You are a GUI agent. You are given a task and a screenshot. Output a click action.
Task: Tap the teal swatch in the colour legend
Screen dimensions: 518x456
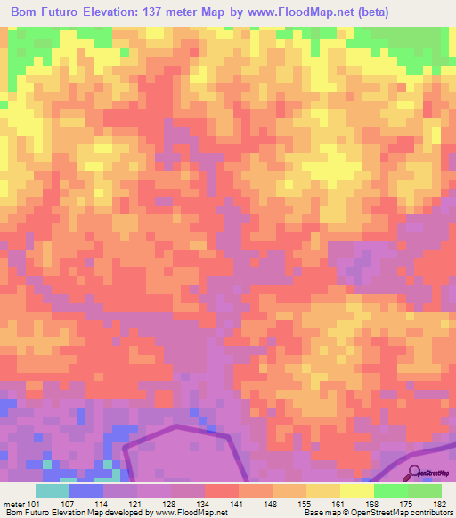pos(53,490)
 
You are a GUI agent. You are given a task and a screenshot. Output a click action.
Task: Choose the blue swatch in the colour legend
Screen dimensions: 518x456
pos(86,490)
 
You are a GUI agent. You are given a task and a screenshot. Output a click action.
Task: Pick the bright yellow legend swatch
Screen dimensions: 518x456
pos(357,490)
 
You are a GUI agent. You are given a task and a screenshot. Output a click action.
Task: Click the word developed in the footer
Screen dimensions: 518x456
pos(124,513)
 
